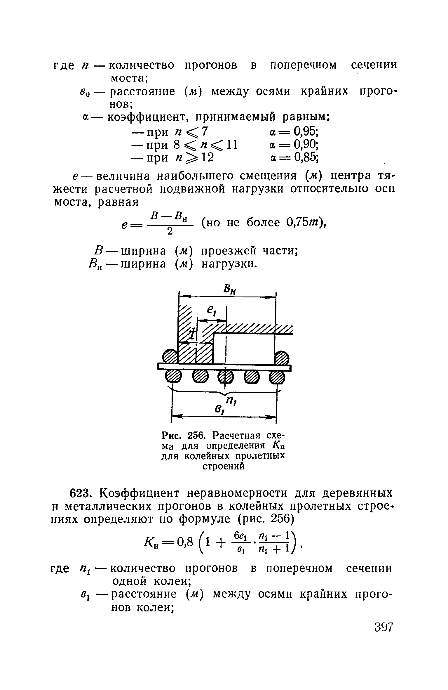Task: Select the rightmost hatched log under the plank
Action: point(277,378)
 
